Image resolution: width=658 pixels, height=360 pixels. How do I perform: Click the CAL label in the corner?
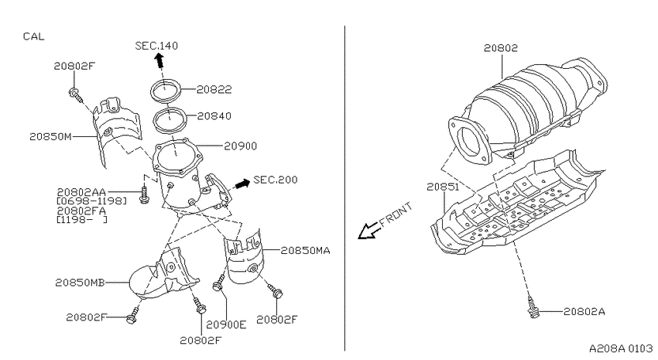coord(33,36)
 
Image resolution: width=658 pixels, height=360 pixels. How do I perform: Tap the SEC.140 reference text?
coord(156,46)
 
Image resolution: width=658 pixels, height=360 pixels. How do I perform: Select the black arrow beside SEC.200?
coord(242,183)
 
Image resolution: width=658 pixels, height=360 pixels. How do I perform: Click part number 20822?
coord(214,89)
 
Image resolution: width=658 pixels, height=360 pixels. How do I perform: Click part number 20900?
coord(241,146)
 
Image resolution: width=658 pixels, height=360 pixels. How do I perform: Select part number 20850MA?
coord(305,251)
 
